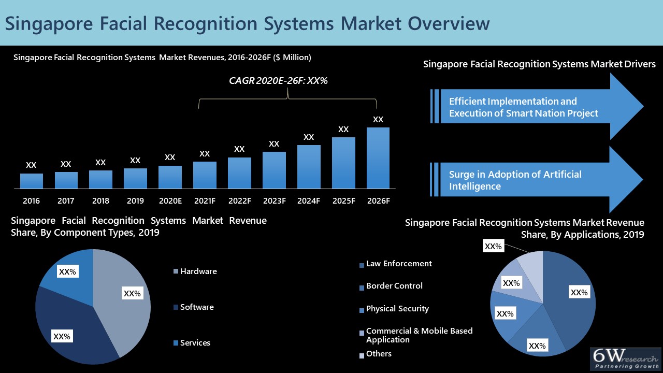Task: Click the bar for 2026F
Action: [x=378, y=158]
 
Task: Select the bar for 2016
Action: [x=32, y=181]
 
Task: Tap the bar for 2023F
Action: [x=274, y=170]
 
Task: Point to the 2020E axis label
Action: [x=170, y=200]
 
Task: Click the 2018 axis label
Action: [x=100, y=200]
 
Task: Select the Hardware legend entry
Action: [x=198, y=271]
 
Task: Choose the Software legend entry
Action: [x=196, y=307]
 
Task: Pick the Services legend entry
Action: [x=195, y=343]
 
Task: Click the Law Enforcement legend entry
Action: [x=398, y=264]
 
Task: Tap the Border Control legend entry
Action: [x=394, y=286]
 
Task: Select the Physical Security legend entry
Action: [x=397, y=309]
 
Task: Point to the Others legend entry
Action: [x=378, y=354]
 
